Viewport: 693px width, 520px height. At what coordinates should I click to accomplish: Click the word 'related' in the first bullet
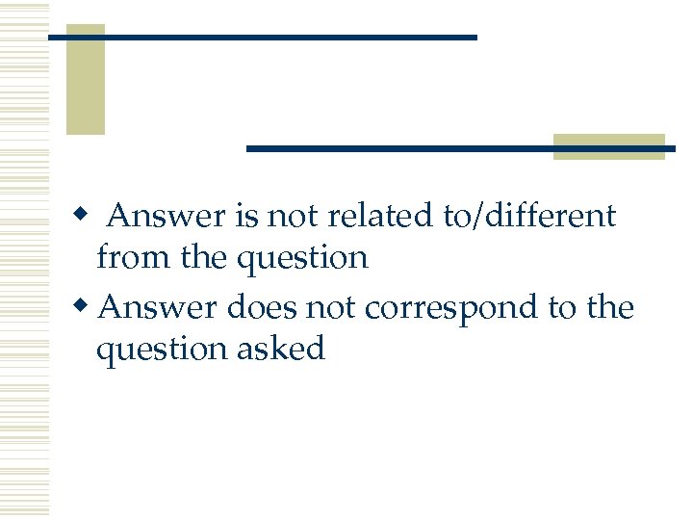[x=382, y=216]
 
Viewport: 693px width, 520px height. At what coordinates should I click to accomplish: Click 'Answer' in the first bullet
[x=167, y=216]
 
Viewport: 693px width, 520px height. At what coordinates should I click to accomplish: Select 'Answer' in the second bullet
[x=159, y=308]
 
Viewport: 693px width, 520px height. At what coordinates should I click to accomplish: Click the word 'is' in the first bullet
[x=244, y=216]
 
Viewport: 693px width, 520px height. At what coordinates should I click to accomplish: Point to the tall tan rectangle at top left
[x=85, y=79]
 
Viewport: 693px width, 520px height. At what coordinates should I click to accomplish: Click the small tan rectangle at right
[x=609, y=146]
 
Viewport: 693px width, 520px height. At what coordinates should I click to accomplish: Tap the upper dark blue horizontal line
[x=262, y=38]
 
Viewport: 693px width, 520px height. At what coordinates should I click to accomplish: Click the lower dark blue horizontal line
[x=460, y=148]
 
